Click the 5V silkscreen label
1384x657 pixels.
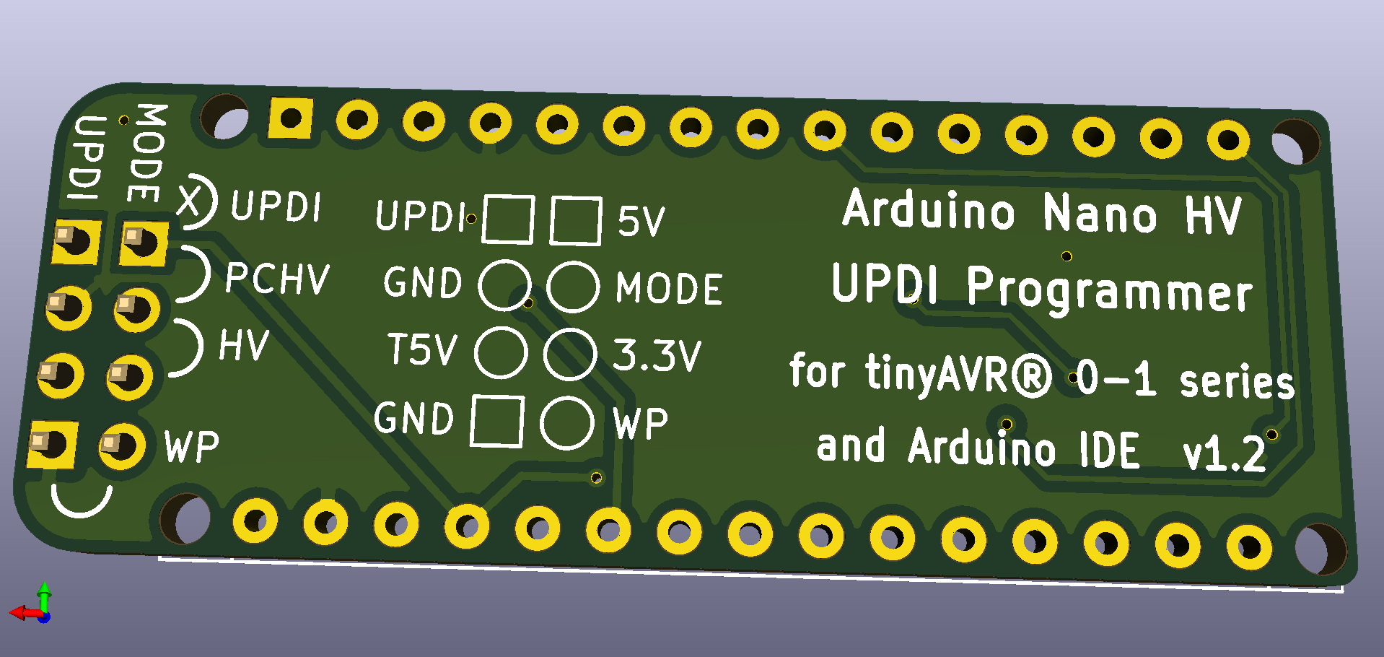coord(641,221)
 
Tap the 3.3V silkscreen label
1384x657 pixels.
coord(657,354)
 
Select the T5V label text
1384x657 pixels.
coord(422,349)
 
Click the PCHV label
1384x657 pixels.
coord(277,278)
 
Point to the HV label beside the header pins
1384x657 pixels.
coord(244,345)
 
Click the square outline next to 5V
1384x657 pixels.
coord(576,220)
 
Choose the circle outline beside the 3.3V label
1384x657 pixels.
coord(570,354)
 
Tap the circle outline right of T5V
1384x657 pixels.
coord(501,352)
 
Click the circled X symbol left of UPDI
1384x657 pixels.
coord(193,201)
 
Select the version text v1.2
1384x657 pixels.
coord(1224,454)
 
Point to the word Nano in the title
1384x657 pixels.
coord(1100,214)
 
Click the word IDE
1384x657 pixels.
coord(1109,450)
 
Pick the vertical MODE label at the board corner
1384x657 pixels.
coord(148,153)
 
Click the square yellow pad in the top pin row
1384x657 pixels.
coord(291,118)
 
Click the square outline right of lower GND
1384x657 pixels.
coord(497,421)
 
